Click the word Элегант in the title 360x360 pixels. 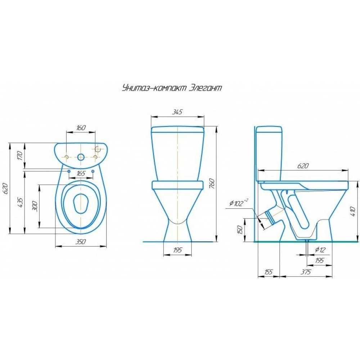pyautogui.click(x=205, y=88)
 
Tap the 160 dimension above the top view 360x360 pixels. pyautogui.click(x=81, y=128)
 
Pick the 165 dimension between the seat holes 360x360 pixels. pyautogui.click(x=81, y=174)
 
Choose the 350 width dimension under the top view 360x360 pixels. pyautogui.click(x=81, y=242)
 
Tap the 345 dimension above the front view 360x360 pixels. pyautogui.click(x=177, y=112)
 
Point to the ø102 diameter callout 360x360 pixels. pyautogui.click(x=239, y=203)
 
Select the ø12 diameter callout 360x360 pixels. pyautogui.click(x=320, y=250)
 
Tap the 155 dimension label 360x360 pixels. pyautogui.click(x=268, y=272)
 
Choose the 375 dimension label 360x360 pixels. pyautogui.click(x=306, y=272)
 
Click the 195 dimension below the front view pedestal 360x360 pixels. pyautogui.click(x=177, y=250)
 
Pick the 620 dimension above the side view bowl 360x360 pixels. pyautogui.click(x=303, y=166)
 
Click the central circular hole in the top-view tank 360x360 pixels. pyautogui.click(x=81, y=157)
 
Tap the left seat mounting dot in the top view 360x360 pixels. pyautogui.click(x=68, y=171)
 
